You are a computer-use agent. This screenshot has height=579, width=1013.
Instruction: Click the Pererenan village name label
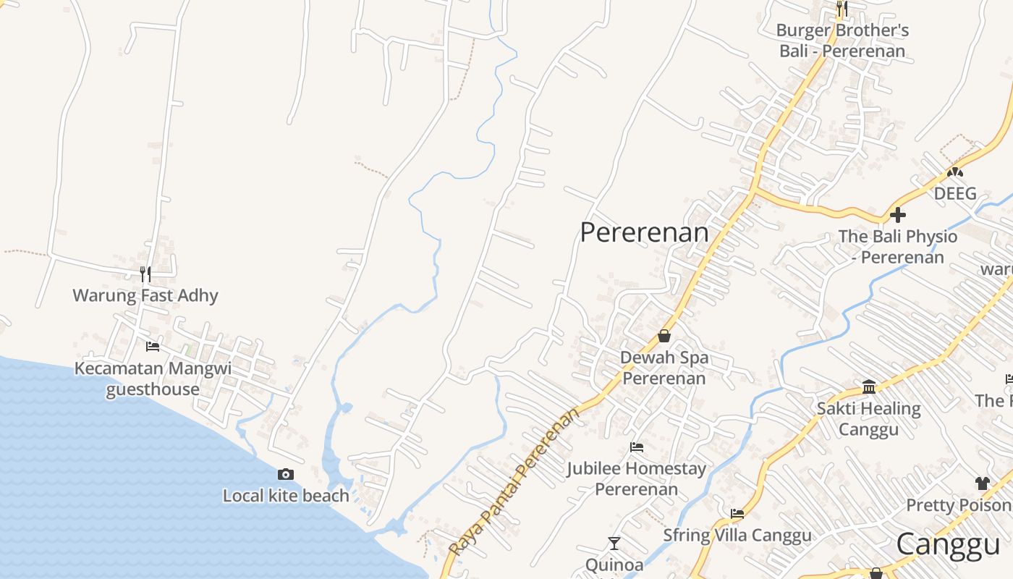coord(645,232)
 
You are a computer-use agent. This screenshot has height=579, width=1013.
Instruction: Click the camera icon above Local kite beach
coord(286,475)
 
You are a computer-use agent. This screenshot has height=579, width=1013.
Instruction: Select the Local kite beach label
coord(286,496)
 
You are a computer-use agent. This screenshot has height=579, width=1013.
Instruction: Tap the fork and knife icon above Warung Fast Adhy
coord(145,274)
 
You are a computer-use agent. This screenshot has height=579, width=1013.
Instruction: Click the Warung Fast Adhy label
coord(145,295)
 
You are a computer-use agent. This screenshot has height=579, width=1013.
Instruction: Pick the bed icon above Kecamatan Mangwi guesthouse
coord(153,347)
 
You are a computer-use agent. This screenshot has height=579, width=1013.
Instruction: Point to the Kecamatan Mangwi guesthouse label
coord(153,379)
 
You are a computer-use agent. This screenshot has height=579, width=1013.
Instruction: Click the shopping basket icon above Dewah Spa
coord(664,336)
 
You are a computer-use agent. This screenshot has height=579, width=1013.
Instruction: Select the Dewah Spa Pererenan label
coord(664,368)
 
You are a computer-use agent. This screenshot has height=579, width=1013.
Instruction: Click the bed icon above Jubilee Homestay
coord(637,447)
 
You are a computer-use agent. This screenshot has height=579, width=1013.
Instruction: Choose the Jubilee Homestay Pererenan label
coord(637,478)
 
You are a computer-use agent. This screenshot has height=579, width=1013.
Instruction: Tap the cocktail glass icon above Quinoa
coord(614,543)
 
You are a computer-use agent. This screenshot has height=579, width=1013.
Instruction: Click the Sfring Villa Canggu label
coord(737,536)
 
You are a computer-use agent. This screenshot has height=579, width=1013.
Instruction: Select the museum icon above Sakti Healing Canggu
coord(869,386)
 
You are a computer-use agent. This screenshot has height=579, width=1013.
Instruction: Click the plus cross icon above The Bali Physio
coord(898,215)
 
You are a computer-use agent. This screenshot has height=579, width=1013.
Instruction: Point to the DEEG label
coord(955,193)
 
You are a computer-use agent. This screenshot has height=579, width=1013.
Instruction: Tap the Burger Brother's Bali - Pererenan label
coord(842,41)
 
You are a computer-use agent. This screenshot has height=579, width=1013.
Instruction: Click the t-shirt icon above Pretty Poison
coord(982,483)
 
